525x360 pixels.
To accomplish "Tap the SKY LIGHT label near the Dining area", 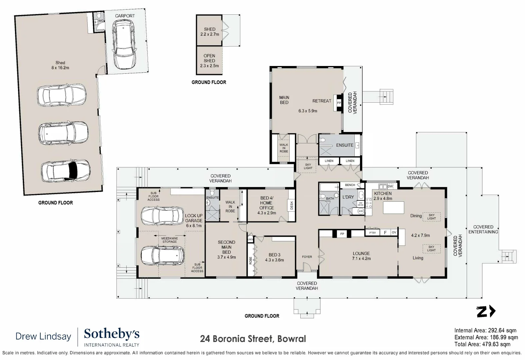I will [x=431, y=217].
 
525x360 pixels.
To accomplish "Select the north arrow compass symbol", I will [x=486, y=312].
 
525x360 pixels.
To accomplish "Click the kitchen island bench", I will [x=393, y=208].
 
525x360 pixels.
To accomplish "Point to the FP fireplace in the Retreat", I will [x=339, y=103].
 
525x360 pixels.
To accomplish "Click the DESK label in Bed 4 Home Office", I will [x=292, y=206].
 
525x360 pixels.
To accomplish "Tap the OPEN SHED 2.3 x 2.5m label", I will [x=209, y=61].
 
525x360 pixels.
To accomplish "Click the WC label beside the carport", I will [x=101, y=21].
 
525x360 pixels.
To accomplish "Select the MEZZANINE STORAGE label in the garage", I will [x=170, y=240].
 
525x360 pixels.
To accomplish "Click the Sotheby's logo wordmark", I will [x=112, y=334].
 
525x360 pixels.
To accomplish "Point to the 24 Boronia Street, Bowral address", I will [x=253, y=339].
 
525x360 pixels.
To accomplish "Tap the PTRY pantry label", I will [x=372, y=233].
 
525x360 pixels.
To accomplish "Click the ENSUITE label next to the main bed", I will [x=345, y=145].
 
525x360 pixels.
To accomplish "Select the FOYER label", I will [x=307, y=257].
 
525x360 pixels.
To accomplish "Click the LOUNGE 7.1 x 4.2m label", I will [x=361, y=256].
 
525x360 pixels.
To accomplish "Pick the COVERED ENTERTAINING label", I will [x=483, y=229].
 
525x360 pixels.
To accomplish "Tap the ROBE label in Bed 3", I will [x=251, y=260].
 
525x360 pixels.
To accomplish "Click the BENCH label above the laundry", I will [x=350, y=185].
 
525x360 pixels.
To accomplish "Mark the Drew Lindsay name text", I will [x=43, y=336].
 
